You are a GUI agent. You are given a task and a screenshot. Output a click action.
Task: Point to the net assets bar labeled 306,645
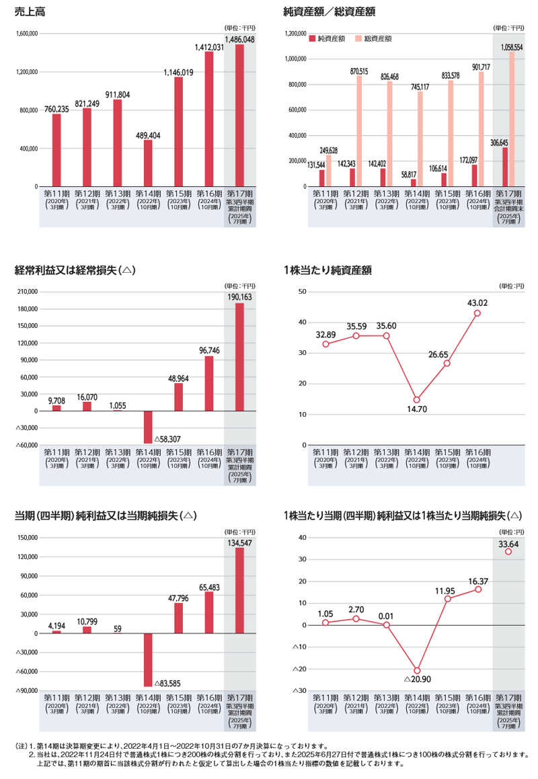click(x=504, y=167)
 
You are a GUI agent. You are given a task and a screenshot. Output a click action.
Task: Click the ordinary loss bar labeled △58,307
click(x=147, y=427)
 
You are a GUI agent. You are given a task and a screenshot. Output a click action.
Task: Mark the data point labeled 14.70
click(x=417, y=400)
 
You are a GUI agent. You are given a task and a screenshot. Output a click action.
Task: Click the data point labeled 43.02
click(x=477, y=313)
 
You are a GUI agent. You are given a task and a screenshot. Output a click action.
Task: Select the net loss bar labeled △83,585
click(x=147, y=660)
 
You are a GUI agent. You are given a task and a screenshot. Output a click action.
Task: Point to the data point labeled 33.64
click(x=508, y=552)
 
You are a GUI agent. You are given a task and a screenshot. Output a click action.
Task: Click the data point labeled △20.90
click(x=417, y=671)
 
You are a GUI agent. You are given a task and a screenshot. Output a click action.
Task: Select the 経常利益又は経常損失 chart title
click(x=75, y=270)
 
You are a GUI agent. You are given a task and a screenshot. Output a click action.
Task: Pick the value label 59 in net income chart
click(x=117, y=628)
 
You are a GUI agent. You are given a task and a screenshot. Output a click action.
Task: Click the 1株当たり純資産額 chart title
click(x=328, y=270)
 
